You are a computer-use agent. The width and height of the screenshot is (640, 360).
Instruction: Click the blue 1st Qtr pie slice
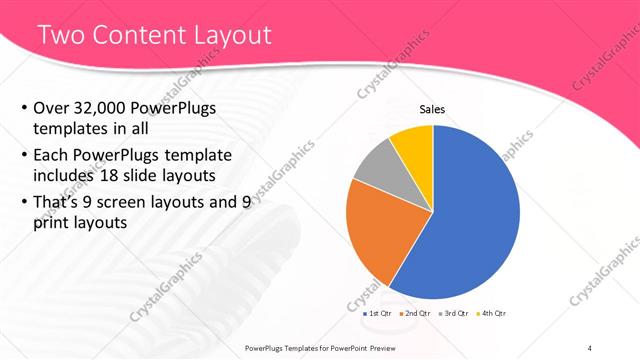pos(470,215)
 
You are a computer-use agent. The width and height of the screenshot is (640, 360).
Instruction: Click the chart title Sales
pos(432,110)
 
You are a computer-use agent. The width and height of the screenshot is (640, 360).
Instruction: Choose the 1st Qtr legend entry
pos(378,314)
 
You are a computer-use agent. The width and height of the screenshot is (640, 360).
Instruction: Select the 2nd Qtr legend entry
pos(416,314)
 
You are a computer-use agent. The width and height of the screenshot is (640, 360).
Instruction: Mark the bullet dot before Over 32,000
pos(24,109)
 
